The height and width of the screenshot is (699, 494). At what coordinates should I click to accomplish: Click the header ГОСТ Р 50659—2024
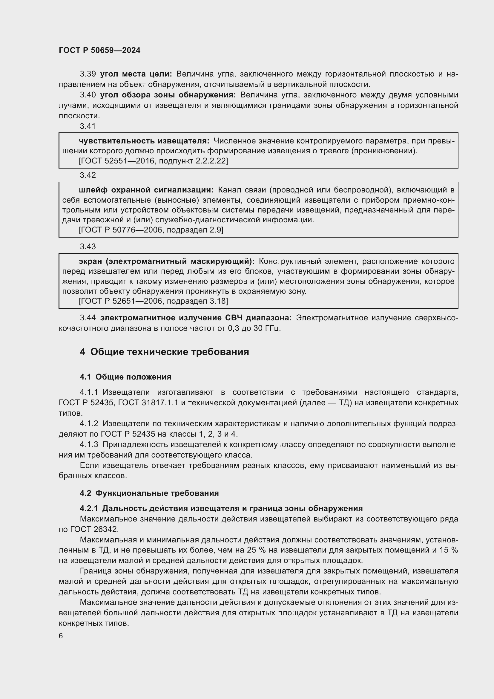click(99, 51)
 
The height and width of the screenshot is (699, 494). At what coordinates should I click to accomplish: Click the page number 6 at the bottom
click(61, 636)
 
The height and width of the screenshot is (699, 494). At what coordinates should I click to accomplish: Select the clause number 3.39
click(88, 74)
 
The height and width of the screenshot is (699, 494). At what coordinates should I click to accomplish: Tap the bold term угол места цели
click(136, 74)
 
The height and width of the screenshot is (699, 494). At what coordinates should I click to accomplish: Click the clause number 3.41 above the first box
click(88, 126)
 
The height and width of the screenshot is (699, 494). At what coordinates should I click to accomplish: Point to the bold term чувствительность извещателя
click(144, 141)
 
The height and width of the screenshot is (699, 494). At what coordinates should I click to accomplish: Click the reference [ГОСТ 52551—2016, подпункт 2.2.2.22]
click(153, 161)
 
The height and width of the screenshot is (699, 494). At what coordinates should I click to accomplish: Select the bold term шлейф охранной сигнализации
click(146, 190)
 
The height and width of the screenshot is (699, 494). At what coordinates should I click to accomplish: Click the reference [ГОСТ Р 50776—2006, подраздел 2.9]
click(151, 230)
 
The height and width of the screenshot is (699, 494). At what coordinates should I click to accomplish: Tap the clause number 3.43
click(88, 246)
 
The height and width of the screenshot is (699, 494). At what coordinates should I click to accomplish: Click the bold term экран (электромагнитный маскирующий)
click(166, 261)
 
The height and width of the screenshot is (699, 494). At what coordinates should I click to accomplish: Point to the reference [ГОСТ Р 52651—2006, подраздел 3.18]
click(153, 301)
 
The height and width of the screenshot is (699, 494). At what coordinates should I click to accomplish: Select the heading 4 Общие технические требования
click(164, 352)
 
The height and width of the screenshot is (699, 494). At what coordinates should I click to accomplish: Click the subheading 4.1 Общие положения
click(125, 377)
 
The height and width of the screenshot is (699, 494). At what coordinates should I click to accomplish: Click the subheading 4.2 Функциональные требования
click(149, 493)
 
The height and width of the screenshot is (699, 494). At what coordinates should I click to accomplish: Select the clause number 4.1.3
click(89, 444)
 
